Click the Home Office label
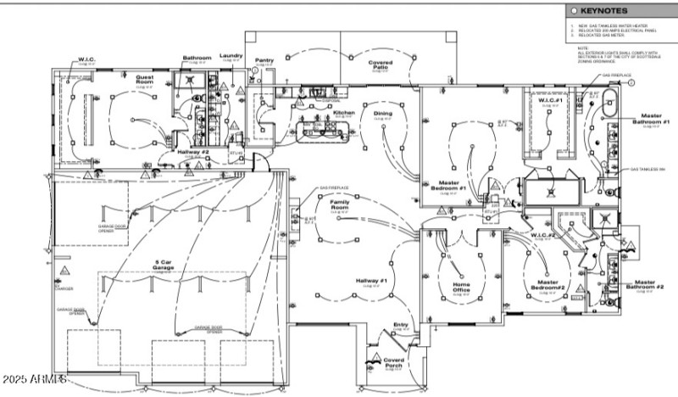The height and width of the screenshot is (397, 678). coord(461,288)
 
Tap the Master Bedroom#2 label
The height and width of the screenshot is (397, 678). coord(544,286)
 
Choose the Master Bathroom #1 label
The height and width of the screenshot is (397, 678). coord(650,118)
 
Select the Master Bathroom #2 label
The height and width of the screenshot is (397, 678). coord(649,285)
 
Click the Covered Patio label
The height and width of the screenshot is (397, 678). coord(379,65)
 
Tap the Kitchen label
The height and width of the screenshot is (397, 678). coord(342,112)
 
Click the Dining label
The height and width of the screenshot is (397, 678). coord(382,113)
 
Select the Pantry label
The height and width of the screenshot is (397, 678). coord(264,60)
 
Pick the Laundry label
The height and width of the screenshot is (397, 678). coord(231,56)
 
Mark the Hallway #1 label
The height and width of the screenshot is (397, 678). coord(370,281)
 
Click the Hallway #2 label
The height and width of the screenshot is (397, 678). coord(193,153)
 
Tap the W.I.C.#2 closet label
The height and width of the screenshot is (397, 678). coord(542,234)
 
